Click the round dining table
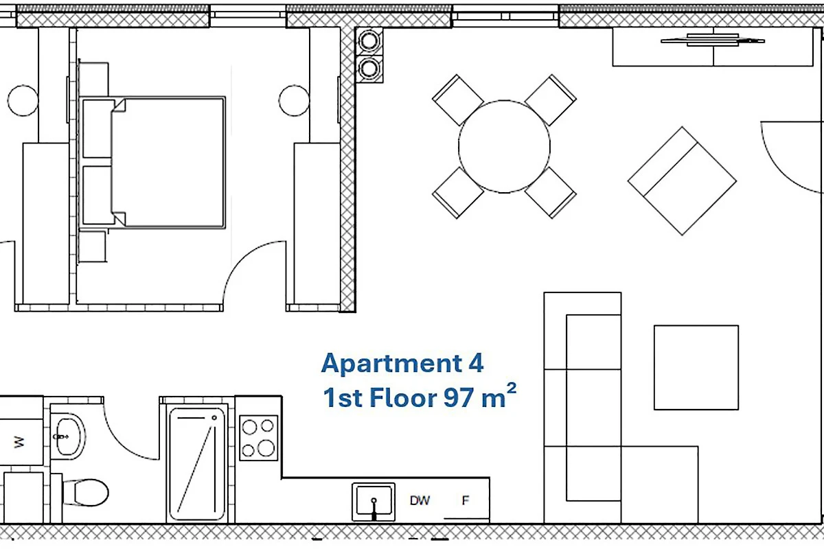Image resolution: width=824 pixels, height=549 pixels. pos(504,146)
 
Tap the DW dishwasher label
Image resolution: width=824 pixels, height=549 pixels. pos(420,500)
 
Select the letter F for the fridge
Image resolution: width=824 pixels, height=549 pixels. pos(466,500)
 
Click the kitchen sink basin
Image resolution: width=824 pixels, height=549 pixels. pos(374,502)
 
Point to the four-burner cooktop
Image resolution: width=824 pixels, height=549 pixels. pos(259,438)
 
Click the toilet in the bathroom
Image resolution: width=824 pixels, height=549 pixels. pos(86,492)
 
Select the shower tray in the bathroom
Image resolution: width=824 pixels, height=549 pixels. pos(197,463)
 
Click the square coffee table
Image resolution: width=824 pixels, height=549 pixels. pos(696,367)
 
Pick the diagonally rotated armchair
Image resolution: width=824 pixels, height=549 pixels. pos(683,181)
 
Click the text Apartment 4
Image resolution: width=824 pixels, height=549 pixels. pos(402,363)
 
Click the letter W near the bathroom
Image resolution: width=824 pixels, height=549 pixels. pos(19,442)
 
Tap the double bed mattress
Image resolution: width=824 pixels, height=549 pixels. pos(168,163)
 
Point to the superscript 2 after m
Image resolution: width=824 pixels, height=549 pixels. pos(512,388)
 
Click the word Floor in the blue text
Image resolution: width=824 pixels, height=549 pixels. pos(403,397)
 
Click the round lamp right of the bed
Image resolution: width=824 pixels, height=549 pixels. pos(294,100)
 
